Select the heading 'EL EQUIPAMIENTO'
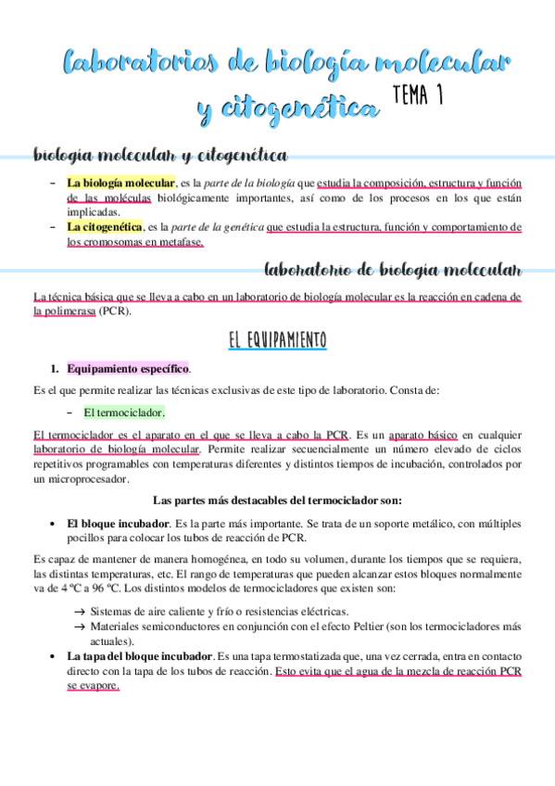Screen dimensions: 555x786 [277, 340]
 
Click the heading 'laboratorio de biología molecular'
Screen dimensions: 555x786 [393, 270]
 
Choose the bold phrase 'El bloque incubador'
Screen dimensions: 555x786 [118, 523]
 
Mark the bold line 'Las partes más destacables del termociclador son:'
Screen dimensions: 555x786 [277, 501]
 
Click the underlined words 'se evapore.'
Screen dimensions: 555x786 [93, 687]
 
